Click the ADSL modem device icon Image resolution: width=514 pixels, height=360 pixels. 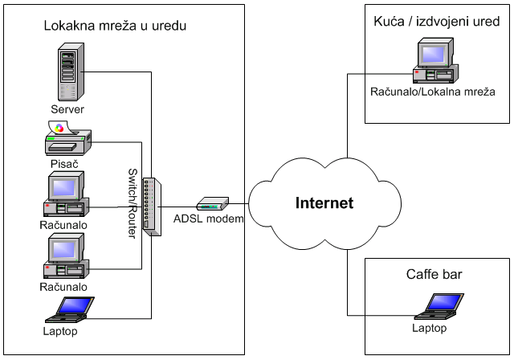[x=213, y=203]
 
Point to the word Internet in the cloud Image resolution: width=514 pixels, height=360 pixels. [x=322, y=202]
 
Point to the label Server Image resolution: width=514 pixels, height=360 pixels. [x=67, y=109]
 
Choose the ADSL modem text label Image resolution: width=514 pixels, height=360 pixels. [x=208, y=219]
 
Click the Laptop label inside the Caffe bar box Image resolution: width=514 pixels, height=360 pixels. [x=429, y=329]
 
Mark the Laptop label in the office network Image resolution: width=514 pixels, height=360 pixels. [x=60, y=330]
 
